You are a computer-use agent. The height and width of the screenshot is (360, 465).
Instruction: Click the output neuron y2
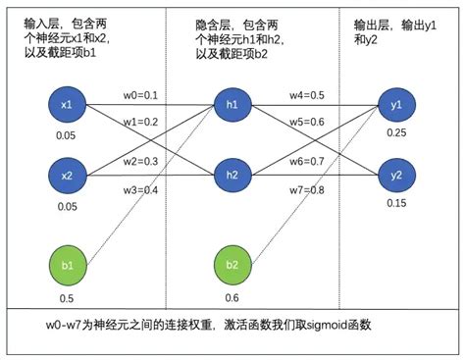[396, 176]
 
